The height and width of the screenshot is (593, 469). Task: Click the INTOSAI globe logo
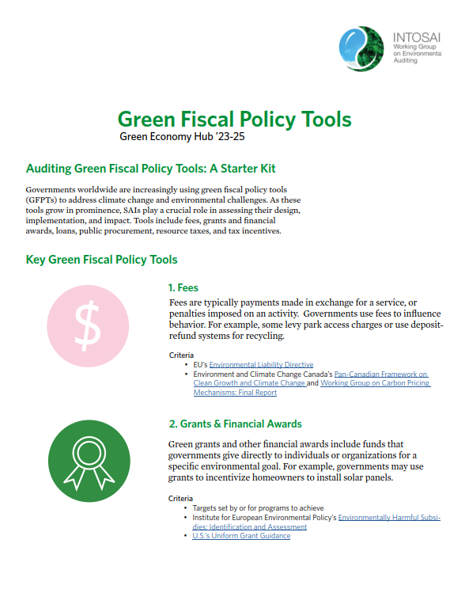[363, 48]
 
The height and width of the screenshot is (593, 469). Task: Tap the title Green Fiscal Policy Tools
[234, 120]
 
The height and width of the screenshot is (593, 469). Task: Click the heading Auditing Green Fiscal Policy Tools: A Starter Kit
[150, 169]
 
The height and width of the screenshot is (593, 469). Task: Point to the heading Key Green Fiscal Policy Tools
[101, 260]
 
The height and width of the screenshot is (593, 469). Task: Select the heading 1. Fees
[188, 288]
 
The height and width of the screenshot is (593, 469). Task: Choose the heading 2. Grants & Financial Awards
[235, 424]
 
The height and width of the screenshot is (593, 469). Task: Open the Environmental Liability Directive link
[261, 364]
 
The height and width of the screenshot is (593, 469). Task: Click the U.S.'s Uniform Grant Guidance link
[241, 536]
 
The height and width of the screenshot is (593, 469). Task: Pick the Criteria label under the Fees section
[181, 355]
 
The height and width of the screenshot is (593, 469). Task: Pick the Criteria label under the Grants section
[181, 499]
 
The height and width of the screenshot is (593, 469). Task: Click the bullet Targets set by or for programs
[258, 508]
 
